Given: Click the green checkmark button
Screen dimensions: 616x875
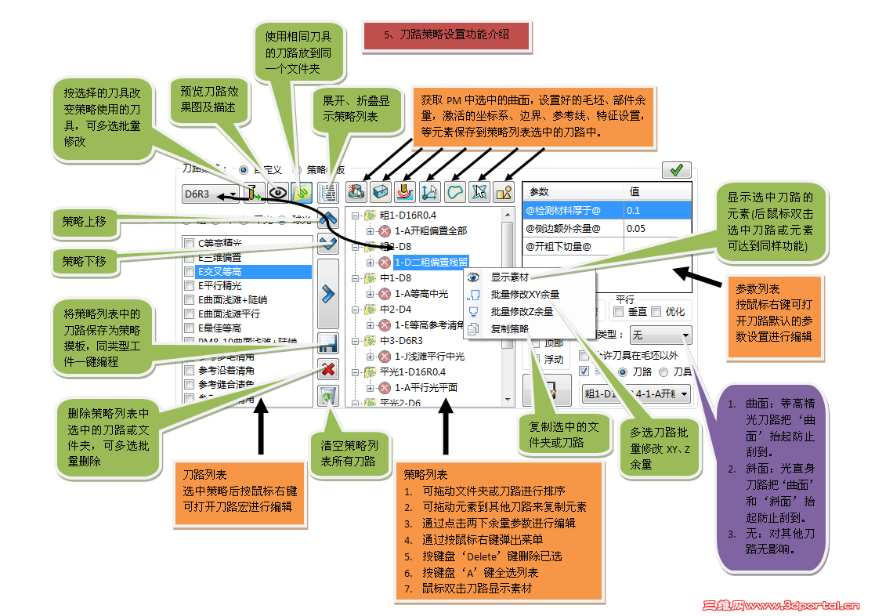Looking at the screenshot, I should [x=676, y=169].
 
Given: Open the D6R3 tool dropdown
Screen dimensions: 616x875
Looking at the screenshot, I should [x=233, y=193].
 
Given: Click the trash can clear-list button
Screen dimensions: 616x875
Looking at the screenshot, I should [x=328, y=396].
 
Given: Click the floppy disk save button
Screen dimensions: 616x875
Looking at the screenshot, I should [x=328, y=343].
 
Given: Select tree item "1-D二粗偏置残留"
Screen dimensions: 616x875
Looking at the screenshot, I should [x=430, y=262].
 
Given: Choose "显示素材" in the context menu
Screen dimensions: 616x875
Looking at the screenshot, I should [x=509, y=277].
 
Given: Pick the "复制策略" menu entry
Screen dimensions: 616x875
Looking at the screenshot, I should [x=509, y=328].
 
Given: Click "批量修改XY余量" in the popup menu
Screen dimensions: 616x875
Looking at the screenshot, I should [x=525, y=295].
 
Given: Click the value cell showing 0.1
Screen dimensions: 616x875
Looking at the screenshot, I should [x=657, y=210].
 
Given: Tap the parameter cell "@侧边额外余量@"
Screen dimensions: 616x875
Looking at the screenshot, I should [x=573, y=228].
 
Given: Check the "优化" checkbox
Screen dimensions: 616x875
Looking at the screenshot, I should [x=656, y=312].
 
